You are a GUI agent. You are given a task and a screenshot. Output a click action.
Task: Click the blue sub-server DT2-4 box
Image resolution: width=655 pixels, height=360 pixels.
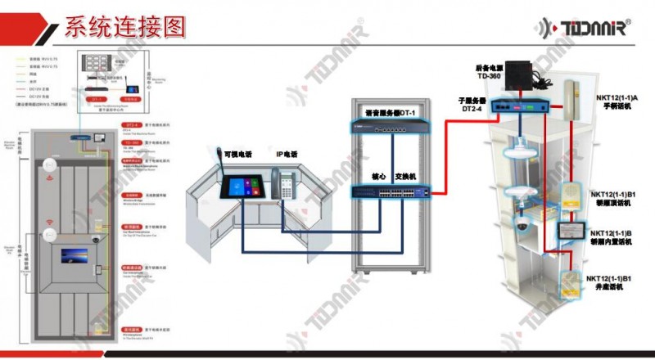click(x=521, y=104)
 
